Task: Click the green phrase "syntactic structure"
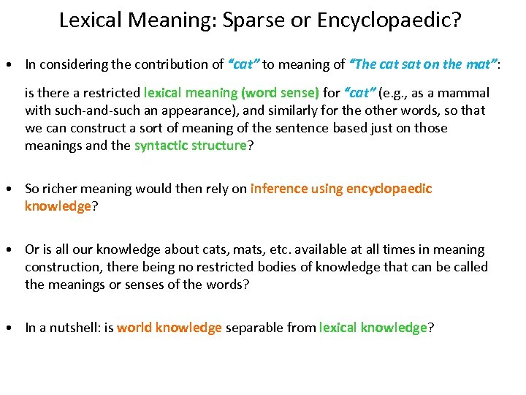click(x=191, y=145)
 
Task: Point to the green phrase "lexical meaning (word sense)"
click(x=232, y=93)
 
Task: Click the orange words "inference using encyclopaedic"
click(x=341, y=189)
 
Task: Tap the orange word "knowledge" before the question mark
click(x=58, y=206)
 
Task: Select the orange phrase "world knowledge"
click(x=169, y=328)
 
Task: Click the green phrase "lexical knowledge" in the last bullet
click(x=373, y=328)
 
